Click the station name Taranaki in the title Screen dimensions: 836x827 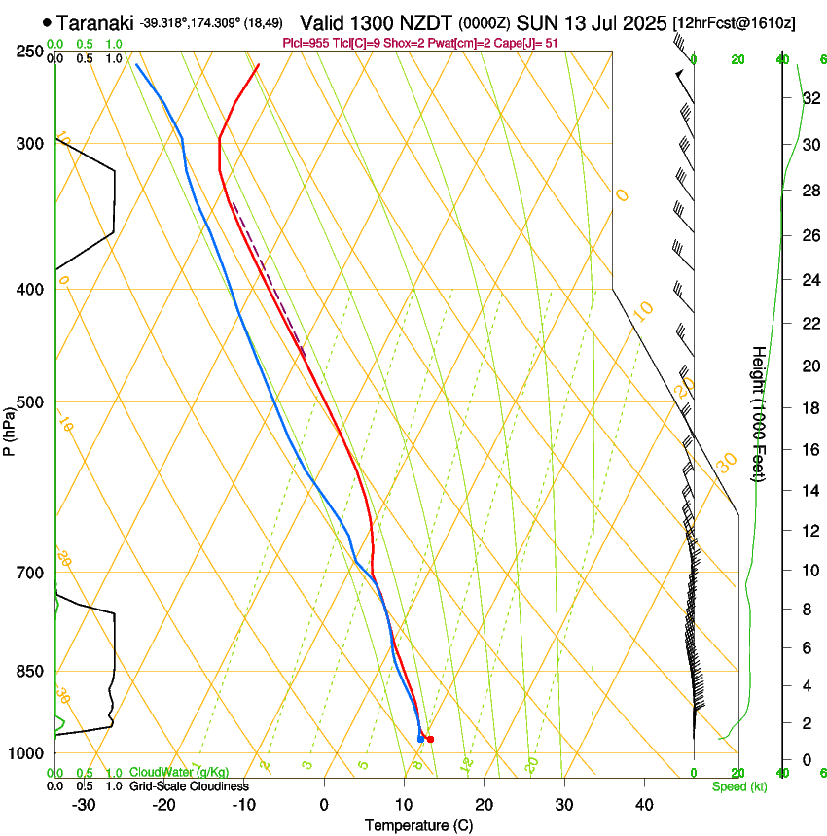tap(95, 21)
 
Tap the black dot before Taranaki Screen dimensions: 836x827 tap(47, 21)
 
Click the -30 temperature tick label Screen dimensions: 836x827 tap(84, 804)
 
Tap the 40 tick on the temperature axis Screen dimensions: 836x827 tap(644, 804)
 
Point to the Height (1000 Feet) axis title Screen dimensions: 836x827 tap(760, 413)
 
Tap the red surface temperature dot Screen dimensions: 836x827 tap(430, 739)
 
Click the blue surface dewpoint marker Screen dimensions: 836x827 tap(420, 739)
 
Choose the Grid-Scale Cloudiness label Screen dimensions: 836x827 tap(189, 785)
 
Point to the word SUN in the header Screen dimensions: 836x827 tap(537, 21)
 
